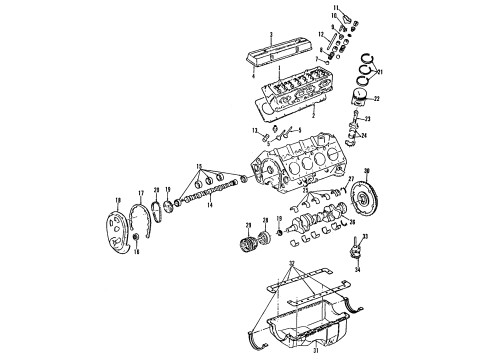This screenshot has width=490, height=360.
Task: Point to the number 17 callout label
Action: click(140, 195)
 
